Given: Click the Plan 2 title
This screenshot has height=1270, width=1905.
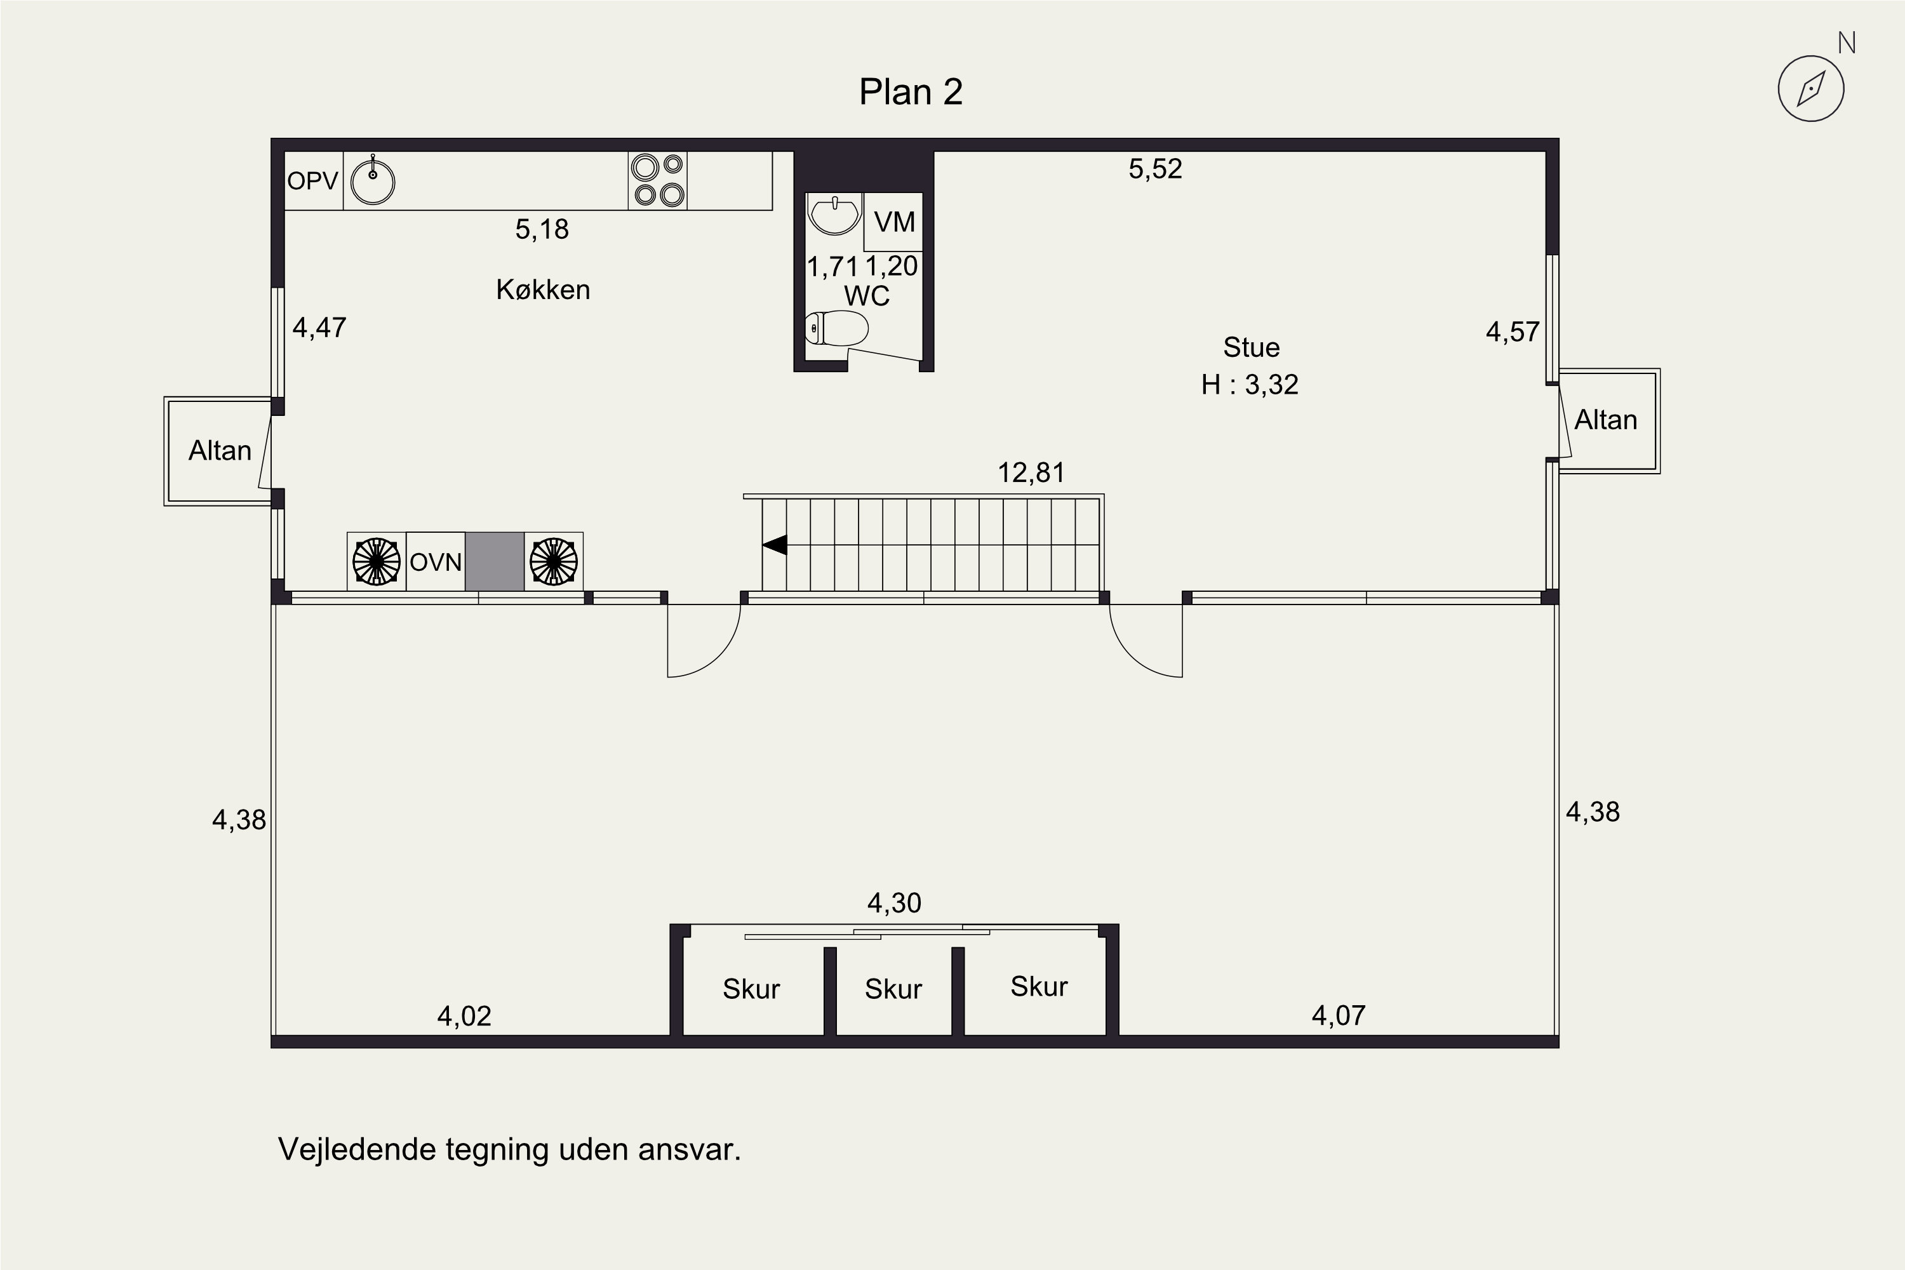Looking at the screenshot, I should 911,92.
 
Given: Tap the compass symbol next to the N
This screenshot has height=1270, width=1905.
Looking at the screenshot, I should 1810,89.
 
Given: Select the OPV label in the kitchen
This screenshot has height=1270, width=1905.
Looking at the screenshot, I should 312,180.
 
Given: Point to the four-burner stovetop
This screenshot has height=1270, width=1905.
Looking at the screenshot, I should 658,180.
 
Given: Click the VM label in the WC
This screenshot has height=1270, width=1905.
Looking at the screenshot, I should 894,222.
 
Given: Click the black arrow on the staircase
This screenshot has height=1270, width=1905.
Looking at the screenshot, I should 775,545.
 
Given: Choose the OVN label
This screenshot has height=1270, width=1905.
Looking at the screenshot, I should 436,562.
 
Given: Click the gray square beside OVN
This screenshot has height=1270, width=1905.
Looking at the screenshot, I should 494,561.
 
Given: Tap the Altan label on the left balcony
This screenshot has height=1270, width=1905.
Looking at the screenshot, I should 220,450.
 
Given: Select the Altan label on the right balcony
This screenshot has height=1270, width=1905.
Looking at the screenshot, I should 1605,420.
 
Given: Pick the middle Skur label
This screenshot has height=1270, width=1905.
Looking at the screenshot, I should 893,989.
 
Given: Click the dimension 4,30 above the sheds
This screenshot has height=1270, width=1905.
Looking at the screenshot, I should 894,902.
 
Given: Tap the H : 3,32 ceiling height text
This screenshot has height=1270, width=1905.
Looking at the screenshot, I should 1250,385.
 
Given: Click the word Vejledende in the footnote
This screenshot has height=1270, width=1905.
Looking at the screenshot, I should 356,1149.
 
